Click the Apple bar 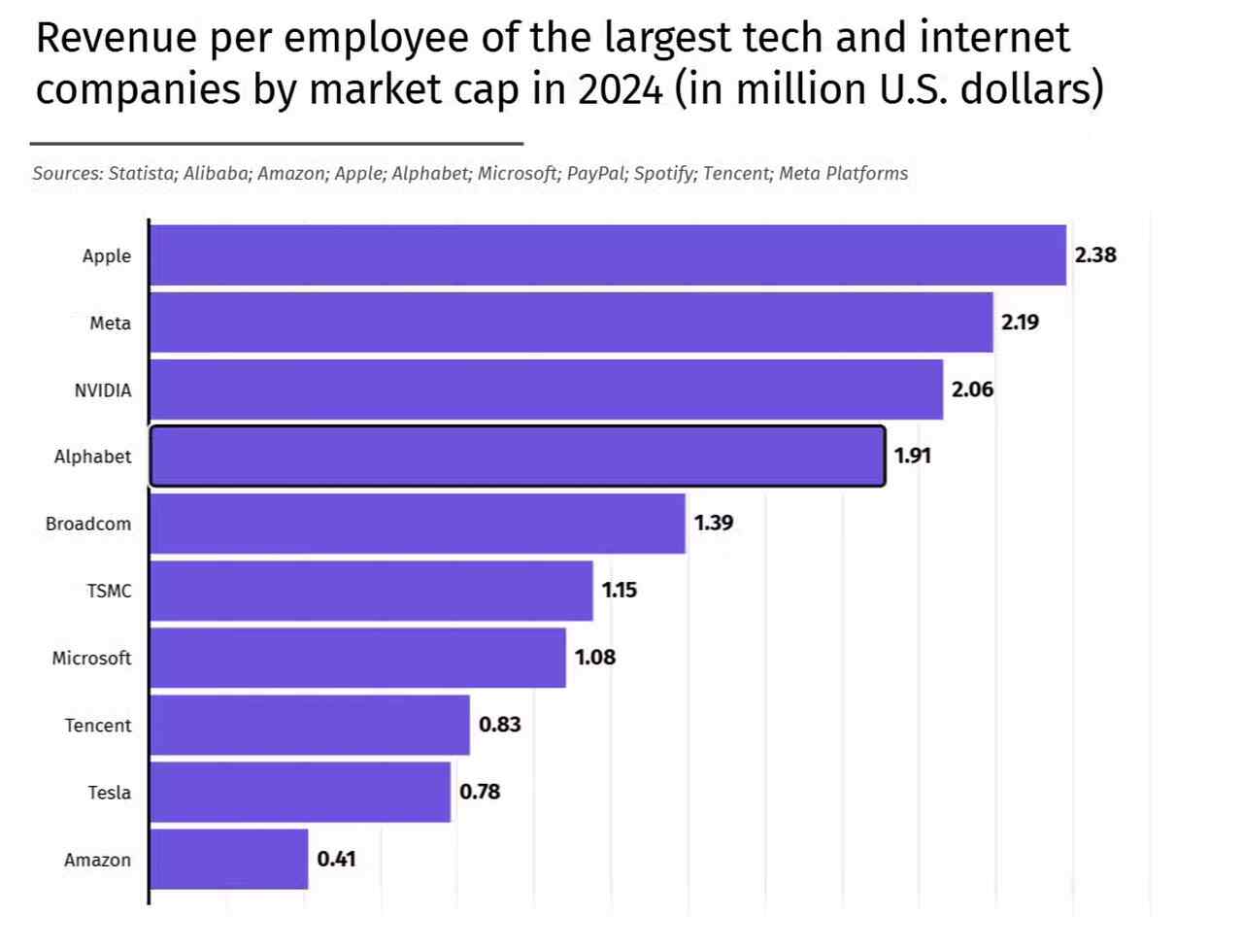[x=608, y=255]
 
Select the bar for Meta [x=572, y=322]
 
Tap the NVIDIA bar [x=547, y=390]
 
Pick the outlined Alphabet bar [x=518, y=456]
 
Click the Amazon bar [x=229, y=859]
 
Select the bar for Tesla [x=301, y=792]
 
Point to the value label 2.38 [x=1095, y=255]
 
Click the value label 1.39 [x=714, y=523]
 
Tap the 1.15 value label [x=620, y=590]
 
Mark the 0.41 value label [x=336, y=859]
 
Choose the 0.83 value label [x=500, y=725]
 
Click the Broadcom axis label [x=88, y=524]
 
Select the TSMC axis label [x=109, y=591]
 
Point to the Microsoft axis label [x=91, y=658]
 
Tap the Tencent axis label [x=98, y=726]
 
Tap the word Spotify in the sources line [x=664, y=174]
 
